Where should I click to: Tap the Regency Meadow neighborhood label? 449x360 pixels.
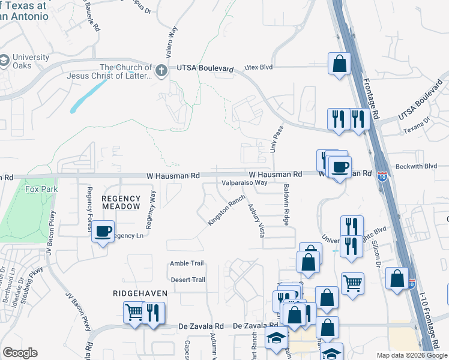[121, 202]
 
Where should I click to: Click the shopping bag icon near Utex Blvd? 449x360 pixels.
[339, 64]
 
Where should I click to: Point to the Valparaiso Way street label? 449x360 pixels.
[244, 183]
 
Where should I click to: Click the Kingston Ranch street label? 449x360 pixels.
[226, 210]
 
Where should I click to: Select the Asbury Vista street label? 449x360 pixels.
[256, 220]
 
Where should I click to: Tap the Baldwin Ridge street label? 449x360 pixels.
[287, 205]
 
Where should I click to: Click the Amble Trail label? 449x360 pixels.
[187, 263]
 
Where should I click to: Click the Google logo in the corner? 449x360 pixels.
[20, 353]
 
